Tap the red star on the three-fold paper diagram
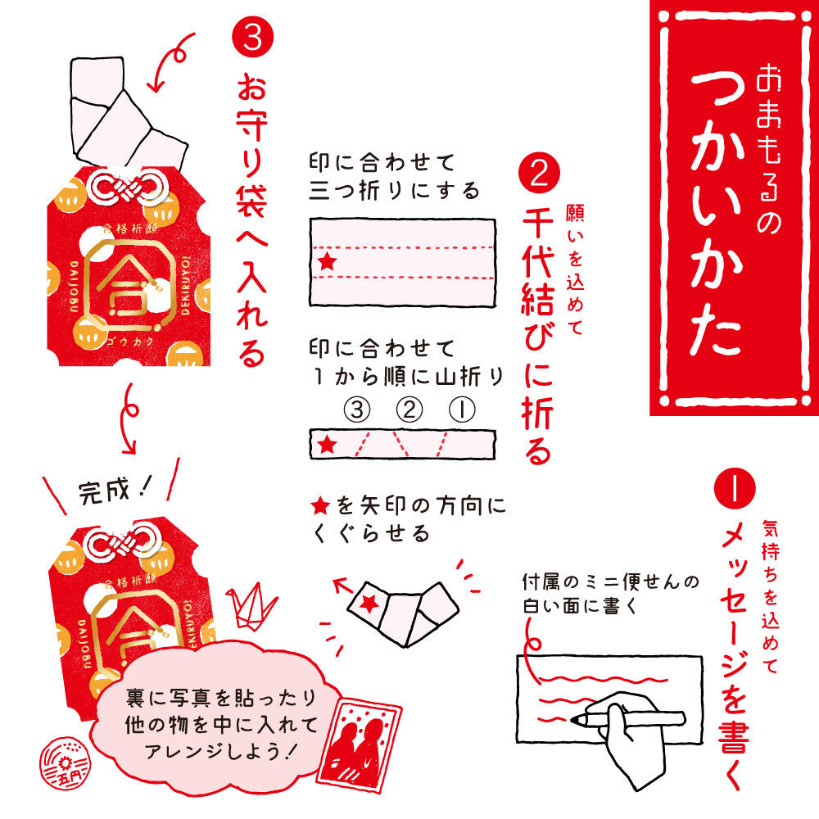click(x=328, y=262)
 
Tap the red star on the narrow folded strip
click(x=328, y=445)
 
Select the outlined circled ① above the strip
click(x=460, y=410)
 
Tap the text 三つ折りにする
click(x=393, y=192)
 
